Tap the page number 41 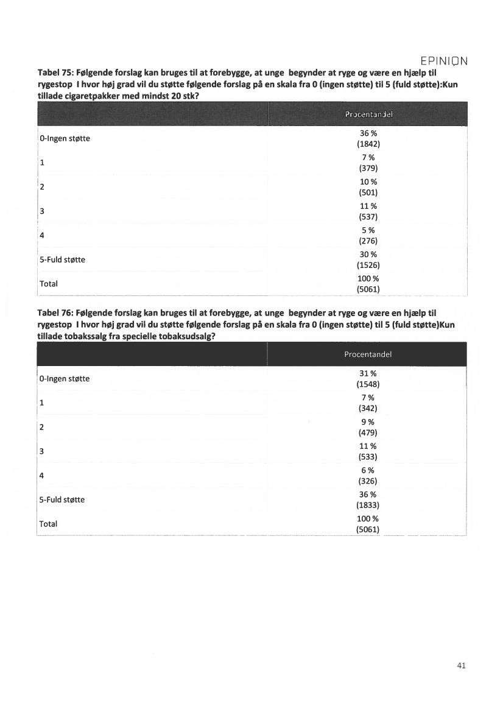point(460,666)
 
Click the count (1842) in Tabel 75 point(368,144)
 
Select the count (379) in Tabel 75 point(368,168)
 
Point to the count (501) point(368,192)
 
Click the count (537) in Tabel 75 point(368,216)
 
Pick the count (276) point(368,241)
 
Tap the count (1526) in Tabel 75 point(368,265)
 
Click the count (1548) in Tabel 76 point(368,384)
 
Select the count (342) point(368,408)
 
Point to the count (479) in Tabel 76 point(368,432)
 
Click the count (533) point(368,457)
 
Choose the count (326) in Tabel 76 point(368,481)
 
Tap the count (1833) point(368,505)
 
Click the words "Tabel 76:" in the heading point(57,314)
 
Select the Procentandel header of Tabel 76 point(368,354)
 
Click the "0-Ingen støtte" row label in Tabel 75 point(65,138)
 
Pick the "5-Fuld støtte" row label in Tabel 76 point(62,499)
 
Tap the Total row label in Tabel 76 point(49,523)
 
